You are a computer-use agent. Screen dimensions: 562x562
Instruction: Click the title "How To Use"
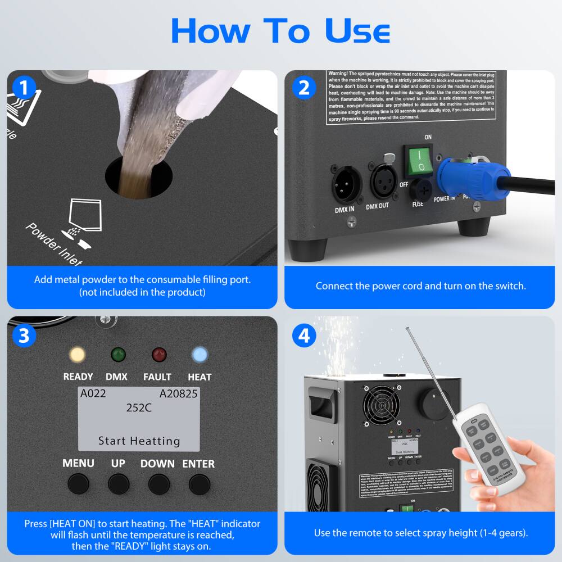(280, 31)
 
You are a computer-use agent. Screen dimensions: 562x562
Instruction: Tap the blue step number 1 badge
(24, 88)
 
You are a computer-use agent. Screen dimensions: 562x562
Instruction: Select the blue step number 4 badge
(304, 336)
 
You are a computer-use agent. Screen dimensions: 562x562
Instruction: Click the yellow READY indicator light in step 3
(77, 355)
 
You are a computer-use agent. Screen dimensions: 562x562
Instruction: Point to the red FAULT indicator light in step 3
(159, 355)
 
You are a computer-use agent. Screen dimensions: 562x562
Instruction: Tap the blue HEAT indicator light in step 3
(200, 355)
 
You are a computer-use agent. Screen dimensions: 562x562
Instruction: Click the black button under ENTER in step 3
(199, 483)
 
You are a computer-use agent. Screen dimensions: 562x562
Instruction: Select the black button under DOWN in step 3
(159, 483)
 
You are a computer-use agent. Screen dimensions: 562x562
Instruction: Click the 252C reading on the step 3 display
(139, 408)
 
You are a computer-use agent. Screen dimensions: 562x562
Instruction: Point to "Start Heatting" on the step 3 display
(139, 441)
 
